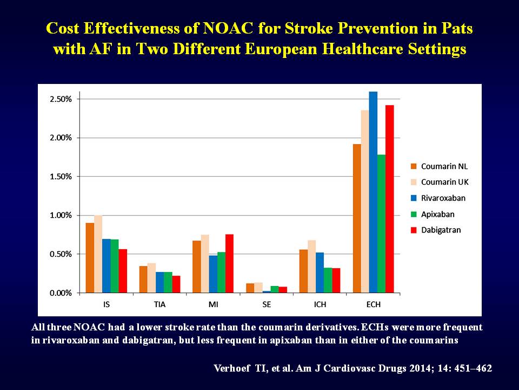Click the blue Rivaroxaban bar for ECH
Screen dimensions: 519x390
[373, 192]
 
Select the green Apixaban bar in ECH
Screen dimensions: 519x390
[381, 224]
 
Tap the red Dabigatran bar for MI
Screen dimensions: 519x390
[229, 264]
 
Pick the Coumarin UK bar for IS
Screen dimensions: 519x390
[98, 254]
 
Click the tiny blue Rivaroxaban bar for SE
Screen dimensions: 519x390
[267, 292]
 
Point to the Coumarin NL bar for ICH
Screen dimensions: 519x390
[303, 271]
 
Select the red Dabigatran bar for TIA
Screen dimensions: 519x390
[176, 284]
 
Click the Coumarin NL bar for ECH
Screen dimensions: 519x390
[357, 218]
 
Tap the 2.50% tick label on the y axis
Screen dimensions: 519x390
[61, 99]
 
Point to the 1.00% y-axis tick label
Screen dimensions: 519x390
[61, 216]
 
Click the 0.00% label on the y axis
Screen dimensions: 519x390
[61, 293]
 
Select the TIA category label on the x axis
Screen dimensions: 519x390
[160, 304]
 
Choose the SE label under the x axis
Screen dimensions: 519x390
[267, 304]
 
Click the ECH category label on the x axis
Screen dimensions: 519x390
[374, 304]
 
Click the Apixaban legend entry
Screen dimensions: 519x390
[432, 214]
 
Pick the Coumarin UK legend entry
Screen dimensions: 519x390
[440, 182]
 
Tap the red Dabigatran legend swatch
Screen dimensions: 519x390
[414, 230]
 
